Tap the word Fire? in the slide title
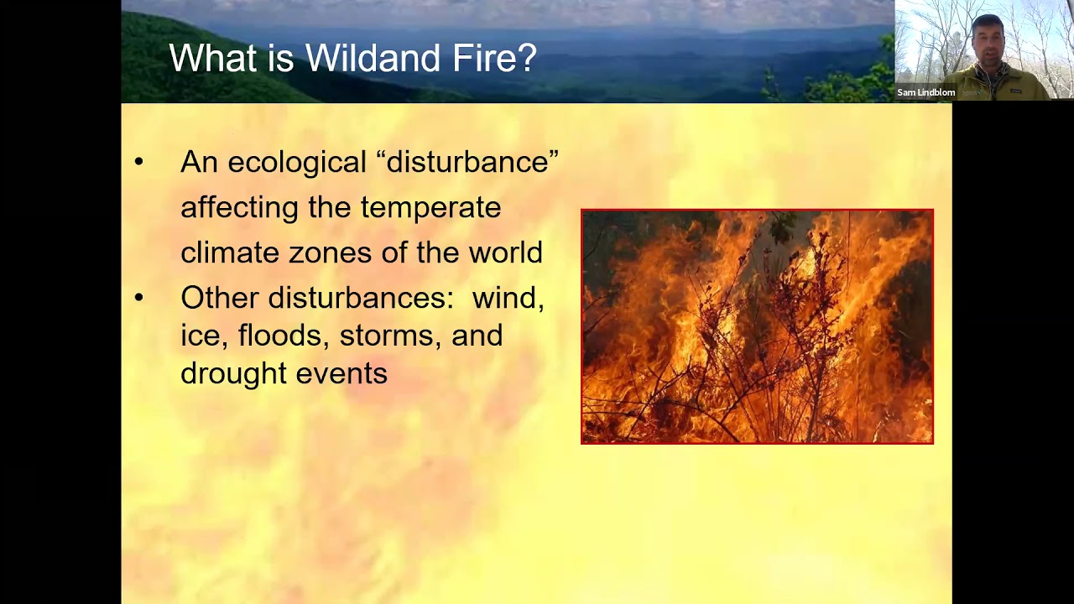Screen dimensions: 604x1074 point(496,59)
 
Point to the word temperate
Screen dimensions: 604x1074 point(430,207)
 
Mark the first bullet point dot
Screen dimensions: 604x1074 point(139,162)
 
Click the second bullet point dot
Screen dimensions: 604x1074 point(139,298)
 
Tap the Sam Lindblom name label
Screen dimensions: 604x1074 point(925,92)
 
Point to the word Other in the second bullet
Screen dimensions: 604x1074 point(219,298)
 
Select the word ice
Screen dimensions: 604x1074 point(203,336)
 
